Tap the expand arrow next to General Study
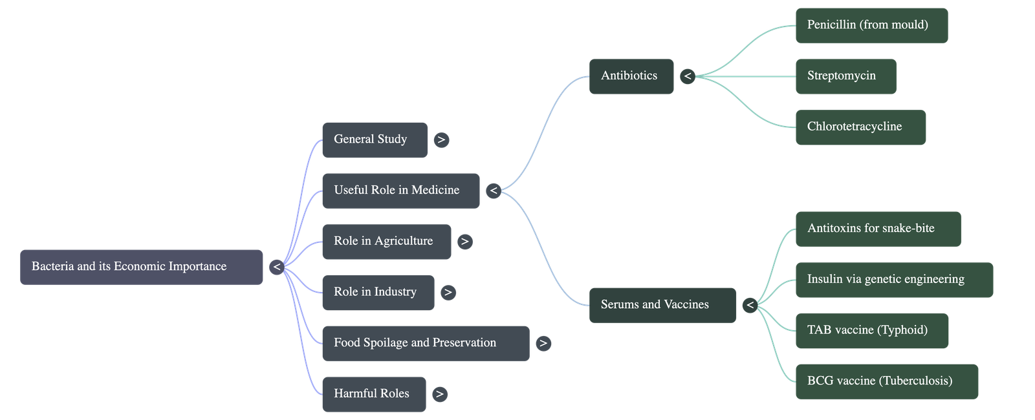(441, 140)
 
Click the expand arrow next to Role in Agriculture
(464, 242)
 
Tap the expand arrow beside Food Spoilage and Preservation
(543, 343)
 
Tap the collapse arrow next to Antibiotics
(687, 76)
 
